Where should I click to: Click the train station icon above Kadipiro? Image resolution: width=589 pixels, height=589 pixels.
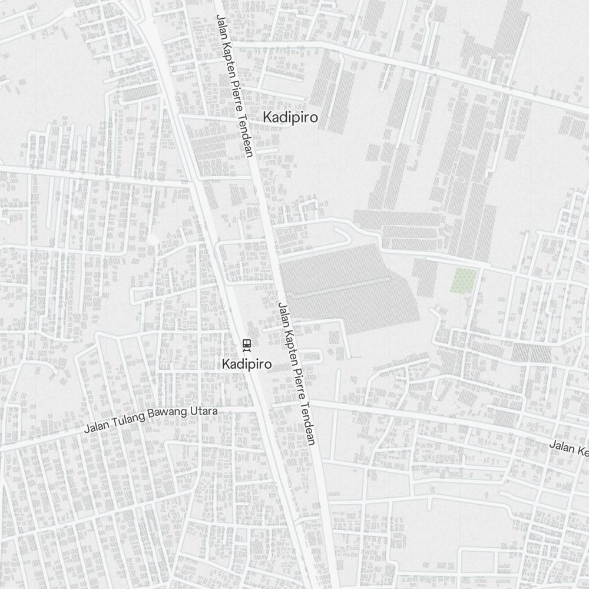pos(247,344)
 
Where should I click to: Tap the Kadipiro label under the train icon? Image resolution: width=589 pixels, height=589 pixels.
pos(247,365)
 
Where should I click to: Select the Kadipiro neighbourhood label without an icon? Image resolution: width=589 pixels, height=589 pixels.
pos(290,117)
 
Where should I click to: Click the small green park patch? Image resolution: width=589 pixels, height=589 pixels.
pos(464,280)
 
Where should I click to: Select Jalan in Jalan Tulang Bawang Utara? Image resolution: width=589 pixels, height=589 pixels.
pos(95,427)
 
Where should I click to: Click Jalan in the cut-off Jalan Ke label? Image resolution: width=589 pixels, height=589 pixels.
pos(561,446)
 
